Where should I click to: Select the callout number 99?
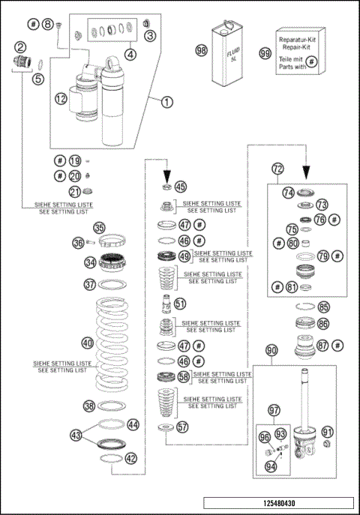(x=264, y=53)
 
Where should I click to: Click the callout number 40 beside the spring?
(x=88, y=343)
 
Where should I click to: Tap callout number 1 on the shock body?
(x=166, y=102)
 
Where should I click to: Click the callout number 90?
(x=271, y=350)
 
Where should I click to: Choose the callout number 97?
(x=274, y=409)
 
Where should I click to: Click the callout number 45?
(x=181, y=187)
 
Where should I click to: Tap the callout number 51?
(x=180, y=304)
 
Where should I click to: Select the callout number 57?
(x=182, y=427)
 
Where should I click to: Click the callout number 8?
(x=47, y=25)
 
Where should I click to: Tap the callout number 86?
(x=323, y=324)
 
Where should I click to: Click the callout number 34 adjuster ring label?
(x=90, y=262)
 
